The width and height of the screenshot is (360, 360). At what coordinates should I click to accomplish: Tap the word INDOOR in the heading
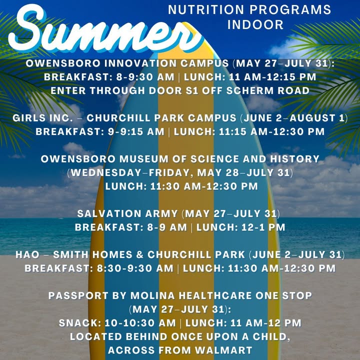pos(255,25)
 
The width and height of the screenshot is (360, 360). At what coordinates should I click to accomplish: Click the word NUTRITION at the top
pos(206,9)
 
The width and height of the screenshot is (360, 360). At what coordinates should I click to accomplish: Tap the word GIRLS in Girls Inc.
pos(29,118)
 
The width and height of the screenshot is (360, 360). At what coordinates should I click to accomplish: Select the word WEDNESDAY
pos(106,172)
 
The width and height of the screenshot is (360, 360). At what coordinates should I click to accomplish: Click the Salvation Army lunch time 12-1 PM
pos(263,227)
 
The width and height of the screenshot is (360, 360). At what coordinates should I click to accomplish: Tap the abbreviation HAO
pos(27,255)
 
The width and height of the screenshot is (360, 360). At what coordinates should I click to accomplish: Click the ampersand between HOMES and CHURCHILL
pos(140,255)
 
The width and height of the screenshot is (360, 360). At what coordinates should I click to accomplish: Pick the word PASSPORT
pos(78,295)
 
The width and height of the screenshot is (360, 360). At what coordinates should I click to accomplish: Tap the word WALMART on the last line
pos(224,350)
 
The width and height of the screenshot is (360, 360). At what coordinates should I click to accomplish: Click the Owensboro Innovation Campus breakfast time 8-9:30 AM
pos(145,77)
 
